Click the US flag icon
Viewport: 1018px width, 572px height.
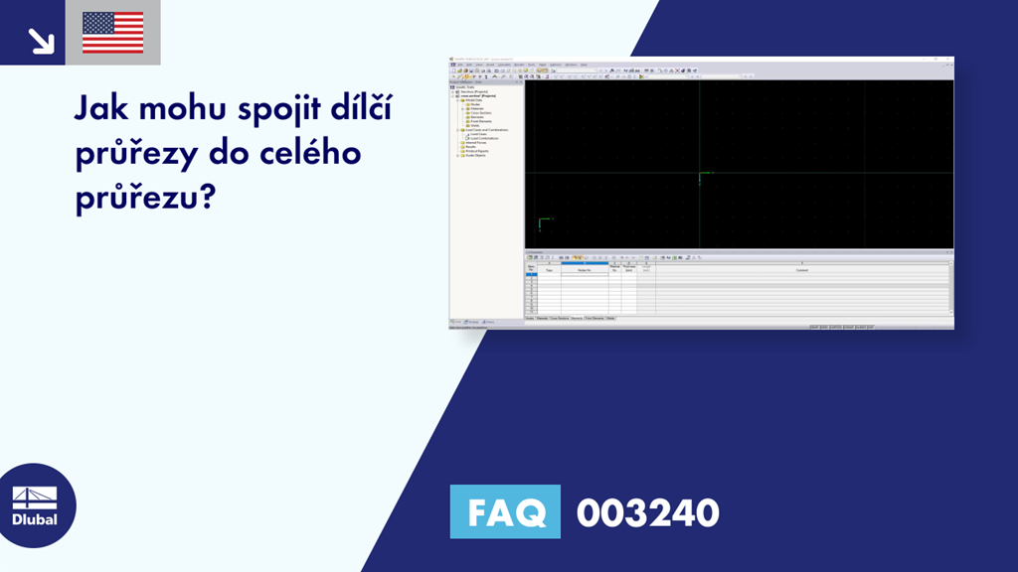tap(112, 33)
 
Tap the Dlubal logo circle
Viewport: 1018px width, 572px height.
tap(34, 505)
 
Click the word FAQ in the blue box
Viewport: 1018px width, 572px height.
tap(505, 512)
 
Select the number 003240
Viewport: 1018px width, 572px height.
tap(647, 513)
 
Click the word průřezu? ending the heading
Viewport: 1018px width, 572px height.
tap(145, 198)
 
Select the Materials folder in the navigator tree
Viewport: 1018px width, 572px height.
tap(475, 108)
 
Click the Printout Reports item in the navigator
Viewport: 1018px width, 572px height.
tap(476, 151)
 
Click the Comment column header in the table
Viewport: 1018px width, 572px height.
tap(801, 269)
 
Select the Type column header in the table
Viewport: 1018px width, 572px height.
tap(549, 269)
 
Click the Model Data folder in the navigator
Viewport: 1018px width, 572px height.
tap(473, 99)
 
